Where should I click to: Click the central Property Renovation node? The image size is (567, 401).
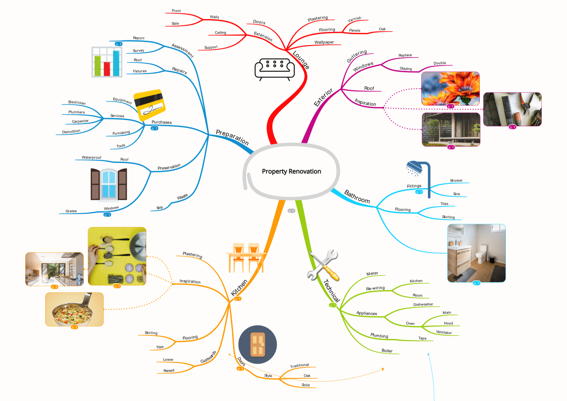pyautogui.click(x=291, y=171)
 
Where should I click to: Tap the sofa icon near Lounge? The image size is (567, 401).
pyautogui.click(x=274, y=69)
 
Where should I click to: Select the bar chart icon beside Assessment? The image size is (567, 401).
pyautogui.click(x=107, y=62)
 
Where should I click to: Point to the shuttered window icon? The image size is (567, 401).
pyautogui.click(x=109, y=184)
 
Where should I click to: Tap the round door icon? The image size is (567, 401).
pyautogui.click(x=257, y=345)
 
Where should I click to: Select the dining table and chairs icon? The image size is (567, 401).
pyautogui.click(x=246, y=257)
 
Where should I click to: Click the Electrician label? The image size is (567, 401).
pyautogui.click(x=77, y=102)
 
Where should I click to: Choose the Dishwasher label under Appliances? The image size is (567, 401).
pyautogui.click(x=423, y=304)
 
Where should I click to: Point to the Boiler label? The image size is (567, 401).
pyautogui.click(x=387, y=351)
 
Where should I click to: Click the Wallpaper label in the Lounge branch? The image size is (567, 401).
pyautogui.click(x=324, y=42)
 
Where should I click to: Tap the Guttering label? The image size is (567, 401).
pyautogui.click(x=357, y=56)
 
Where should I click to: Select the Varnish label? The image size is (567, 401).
pyautogui.click(x=354, y=19)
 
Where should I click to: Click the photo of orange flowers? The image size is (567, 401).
pyautogui.click(x=450, y=88)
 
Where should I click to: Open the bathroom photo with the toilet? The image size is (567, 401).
pyautogui.click(x=476, y=253)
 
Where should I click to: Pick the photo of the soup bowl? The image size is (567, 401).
pyautogui.click(x=74, y=309)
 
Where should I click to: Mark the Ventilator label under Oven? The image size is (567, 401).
pyautogui.click(x=444, y=332)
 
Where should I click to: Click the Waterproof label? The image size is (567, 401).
pyautogui.click(x=91, y=157)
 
